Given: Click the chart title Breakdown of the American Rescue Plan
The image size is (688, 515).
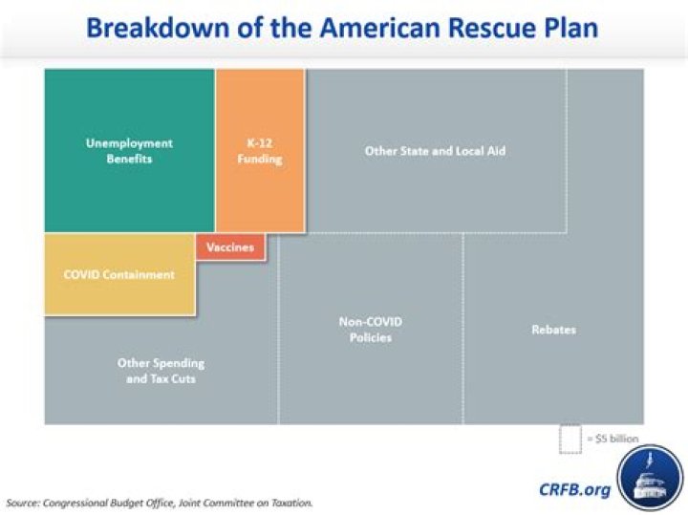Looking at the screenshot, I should tap(342, 26).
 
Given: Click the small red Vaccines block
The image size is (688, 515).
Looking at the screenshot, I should tap(230, 247).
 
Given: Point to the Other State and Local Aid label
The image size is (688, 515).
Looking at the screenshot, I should tap(435, 151).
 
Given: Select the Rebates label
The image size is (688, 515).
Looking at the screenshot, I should tap(553, 330).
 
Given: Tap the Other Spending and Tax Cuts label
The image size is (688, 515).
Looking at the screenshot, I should tap(161, 371).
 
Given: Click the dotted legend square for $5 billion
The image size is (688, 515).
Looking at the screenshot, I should tap(570, 438).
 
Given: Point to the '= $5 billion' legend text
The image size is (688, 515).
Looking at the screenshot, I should tap(613, 438).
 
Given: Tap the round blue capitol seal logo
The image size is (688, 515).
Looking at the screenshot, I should tap(650, 479).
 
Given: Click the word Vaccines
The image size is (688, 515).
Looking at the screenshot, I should tap(230, 247).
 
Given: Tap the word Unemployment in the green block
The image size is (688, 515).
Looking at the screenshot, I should tap(129, 143).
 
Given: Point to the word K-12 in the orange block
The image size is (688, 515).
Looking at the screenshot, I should tap(260, 143).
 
